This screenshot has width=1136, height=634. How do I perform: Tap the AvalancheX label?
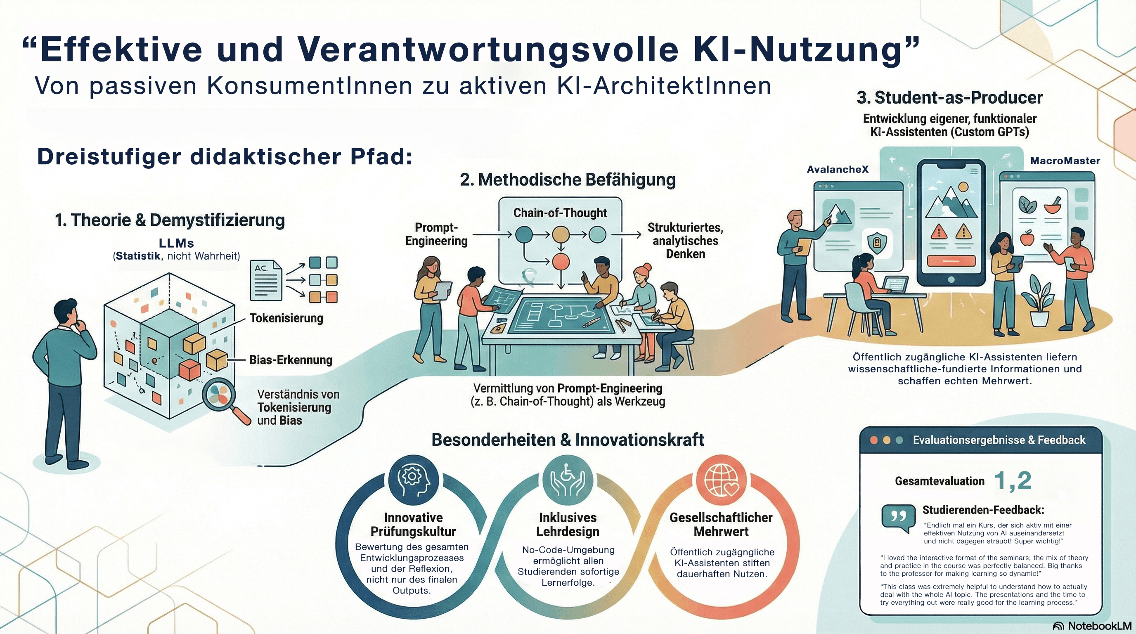pyautogui.click(x=838, y=170)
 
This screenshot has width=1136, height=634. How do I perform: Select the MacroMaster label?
pyautogui.click(x=1065, y=161)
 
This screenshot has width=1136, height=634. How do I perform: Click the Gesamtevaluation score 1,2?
pyautogui.click(x=1013, y=480)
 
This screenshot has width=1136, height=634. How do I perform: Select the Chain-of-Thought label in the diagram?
pyautogui.click(x=560, y=213)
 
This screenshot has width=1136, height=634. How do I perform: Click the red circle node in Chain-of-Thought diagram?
pyautogui.click(x=561, y=261)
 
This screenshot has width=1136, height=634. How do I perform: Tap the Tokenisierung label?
pyautogui.click(x=286, y=318)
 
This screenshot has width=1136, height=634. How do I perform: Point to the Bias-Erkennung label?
pyautogui.click(x=291, y=360)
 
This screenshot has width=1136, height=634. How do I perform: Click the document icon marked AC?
pyautogui.click(x=266, y=280)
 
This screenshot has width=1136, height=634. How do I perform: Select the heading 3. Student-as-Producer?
pyautogui.click(x=949, y=97)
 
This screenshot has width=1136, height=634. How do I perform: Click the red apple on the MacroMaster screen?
pyautogui.click(x=1027, y=239)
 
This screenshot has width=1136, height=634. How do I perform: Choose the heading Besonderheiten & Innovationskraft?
pyautogui.click(x=568, y=440)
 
